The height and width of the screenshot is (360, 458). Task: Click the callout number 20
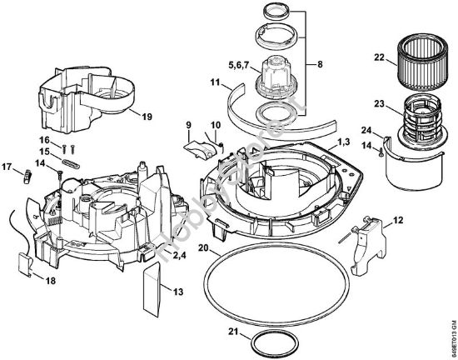coord(203,248)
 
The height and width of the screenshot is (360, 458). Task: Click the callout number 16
coord(45,139)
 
